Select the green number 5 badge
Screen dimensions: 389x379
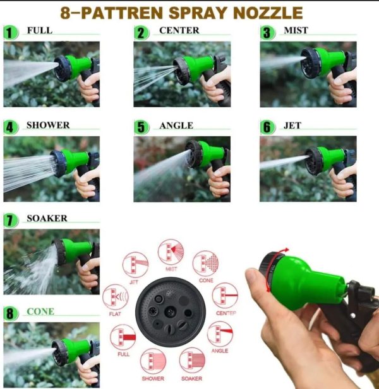pos(142,127)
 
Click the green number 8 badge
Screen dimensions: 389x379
pos(11,313)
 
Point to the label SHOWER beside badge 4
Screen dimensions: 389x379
pos(48,125)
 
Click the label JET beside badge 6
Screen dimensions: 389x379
pos(292,125)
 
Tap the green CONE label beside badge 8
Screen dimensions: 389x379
pos(40,311)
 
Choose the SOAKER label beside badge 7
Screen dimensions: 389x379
pos(47,218)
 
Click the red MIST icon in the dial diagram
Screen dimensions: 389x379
pos(171,252)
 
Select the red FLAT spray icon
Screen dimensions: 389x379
pos(116,296)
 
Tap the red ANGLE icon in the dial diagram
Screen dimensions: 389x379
pos(220,334)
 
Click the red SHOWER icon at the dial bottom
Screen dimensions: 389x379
pos(153,361)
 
